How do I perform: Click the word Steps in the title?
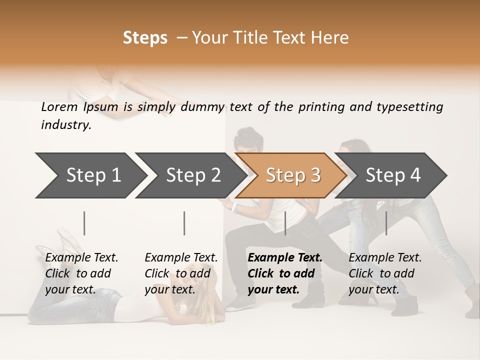coord(145,38)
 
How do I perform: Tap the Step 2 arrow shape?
coord(190,175)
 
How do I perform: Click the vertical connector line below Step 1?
coord(84,223)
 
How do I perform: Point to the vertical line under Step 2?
coord(184,223)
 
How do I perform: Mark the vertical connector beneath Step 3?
coord(285,223)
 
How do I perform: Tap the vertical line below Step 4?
coord(386,223)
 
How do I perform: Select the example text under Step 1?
coord(81,273)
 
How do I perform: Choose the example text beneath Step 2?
coord(181,273)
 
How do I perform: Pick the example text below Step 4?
coord(385,273)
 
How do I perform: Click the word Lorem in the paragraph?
coord(59,107)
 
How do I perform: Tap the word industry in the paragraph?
coord(66,125)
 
